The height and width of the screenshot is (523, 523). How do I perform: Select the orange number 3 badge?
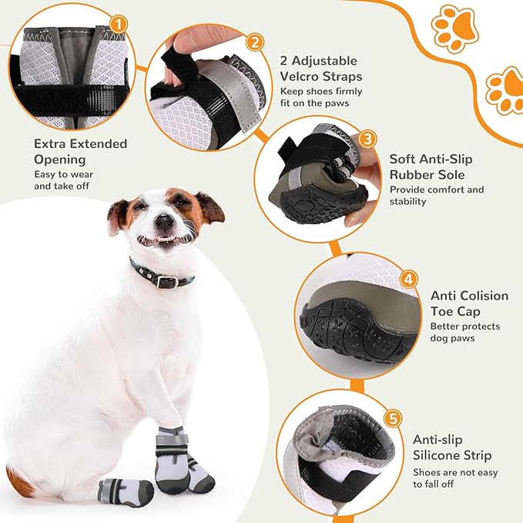(x=368, y=139)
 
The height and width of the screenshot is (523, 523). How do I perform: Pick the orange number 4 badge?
(x=410, y=279)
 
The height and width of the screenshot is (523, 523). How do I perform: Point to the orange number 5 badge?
(x=393, y=419)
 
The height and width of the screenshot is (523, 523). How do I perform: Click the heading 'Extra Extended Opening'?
(x=80, y=152)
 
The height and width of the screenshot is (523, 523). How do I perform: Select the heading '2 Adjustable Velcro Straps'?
(x=322, y=69)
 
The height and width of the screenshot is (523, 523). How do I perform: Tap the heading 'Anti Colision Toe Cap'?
(x=469, y=303)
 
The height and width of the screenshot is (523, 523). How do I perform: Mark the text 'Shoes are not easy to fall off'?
(x=455, y=478)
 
